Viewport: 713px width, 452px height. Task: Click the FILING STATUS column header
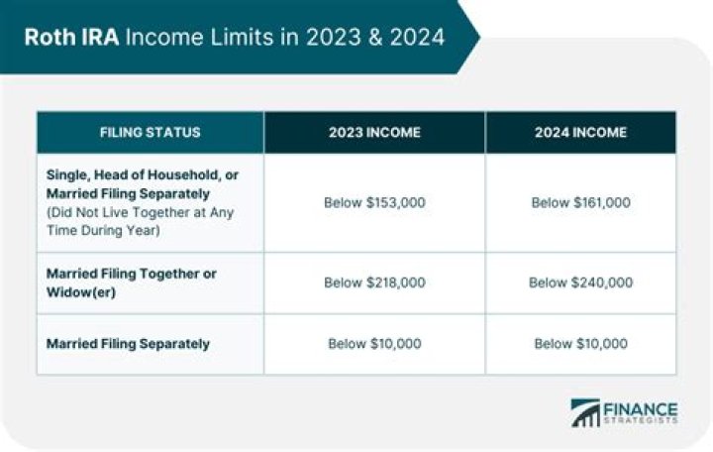coord(151,132)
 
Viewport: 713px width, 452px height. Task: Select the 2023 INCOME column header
coord(374,132)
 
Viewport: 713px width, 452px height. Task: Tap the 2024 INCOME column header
coord(580,132)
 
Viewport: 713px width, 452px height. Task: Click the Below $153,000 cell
coord(374,202)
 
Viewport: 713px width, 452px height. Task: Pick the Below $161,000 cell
coord(580,202)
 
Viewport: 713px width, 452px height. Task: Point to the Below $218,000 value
coord(374,282)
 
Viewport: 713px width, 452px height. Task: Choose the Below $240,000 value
coord(580,282)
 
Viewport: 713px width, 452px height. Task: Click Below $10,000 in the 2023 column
coord(374,344)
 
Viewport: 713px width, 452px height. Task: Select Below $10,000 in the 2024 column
coord(580,344)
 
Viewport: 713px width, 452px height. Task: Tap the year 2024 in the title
coord(414,38)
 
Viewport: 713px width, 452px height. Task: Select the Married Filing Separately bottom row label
coord(128,344)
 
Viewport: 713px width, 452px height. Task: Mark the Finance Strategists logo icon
coord(585,412)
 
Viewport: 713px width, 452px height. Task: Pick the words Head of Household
coord(146,174)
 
